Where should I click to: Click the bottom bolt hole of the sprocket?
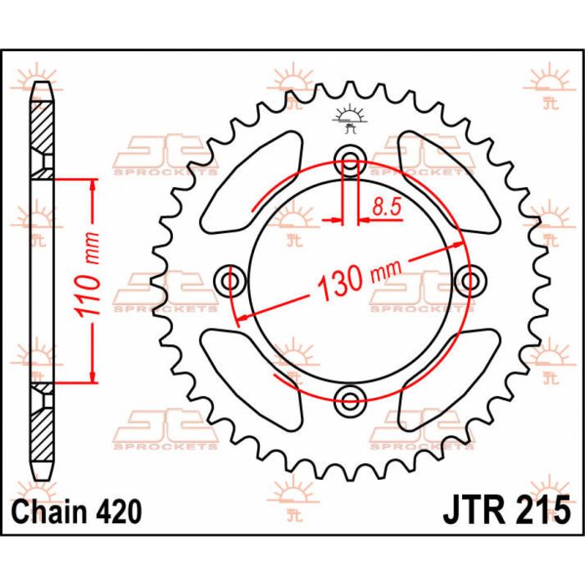pyautogui.click(x=350, y=394)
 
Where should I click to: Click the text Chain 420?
pyautogui.click(x=76, y=509)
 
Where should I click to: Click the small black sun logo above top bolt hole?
pyautogui.click(x=349, y=120)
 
